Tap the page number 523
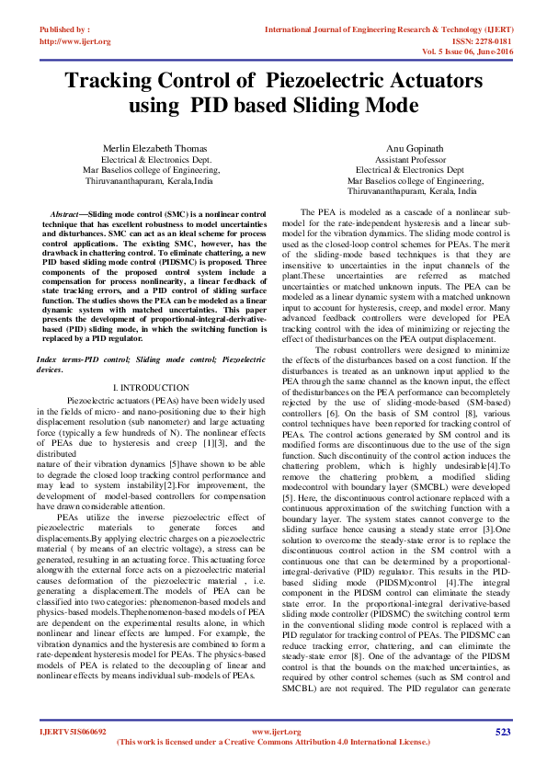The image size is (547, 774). tap(503, 732)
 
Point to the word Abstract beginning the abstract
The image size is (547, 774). tap(69, 213)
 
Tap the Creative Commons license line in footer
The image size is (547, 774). tap(273, 741)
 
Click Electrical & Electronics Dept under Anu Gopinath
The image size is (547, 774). tap(409, 170)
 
